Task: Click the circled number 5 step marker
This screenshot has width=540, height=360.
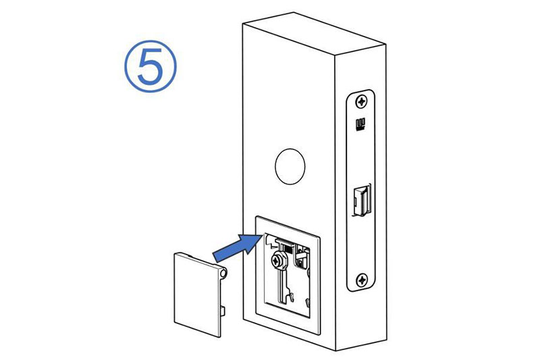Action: [150, 66]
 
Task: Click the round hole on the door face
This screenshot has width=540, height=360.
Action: [290, 166]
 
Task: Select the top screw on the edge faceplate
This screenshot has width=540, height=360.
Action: [361, 101]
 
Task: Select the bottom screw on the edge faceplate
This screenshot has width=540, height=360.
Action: [362, 280]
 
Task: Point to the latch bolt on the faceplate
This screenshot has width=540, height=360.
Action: [362, 201]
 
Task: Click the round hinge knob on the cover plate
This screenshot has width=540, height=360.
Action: [224, 274]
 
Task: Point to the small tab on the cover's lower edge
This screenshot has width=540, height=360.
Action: [223, 311]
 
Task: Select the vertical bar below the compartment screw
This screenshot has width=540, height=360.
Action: [282, 285]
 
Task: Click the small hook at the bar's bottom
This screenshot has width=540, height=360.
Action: [292, 297]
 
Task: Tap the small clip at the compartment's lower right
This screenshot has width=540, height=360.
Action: [307, 303]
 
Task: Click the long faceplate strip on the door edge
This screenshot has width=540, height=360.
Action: [361, 190]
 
